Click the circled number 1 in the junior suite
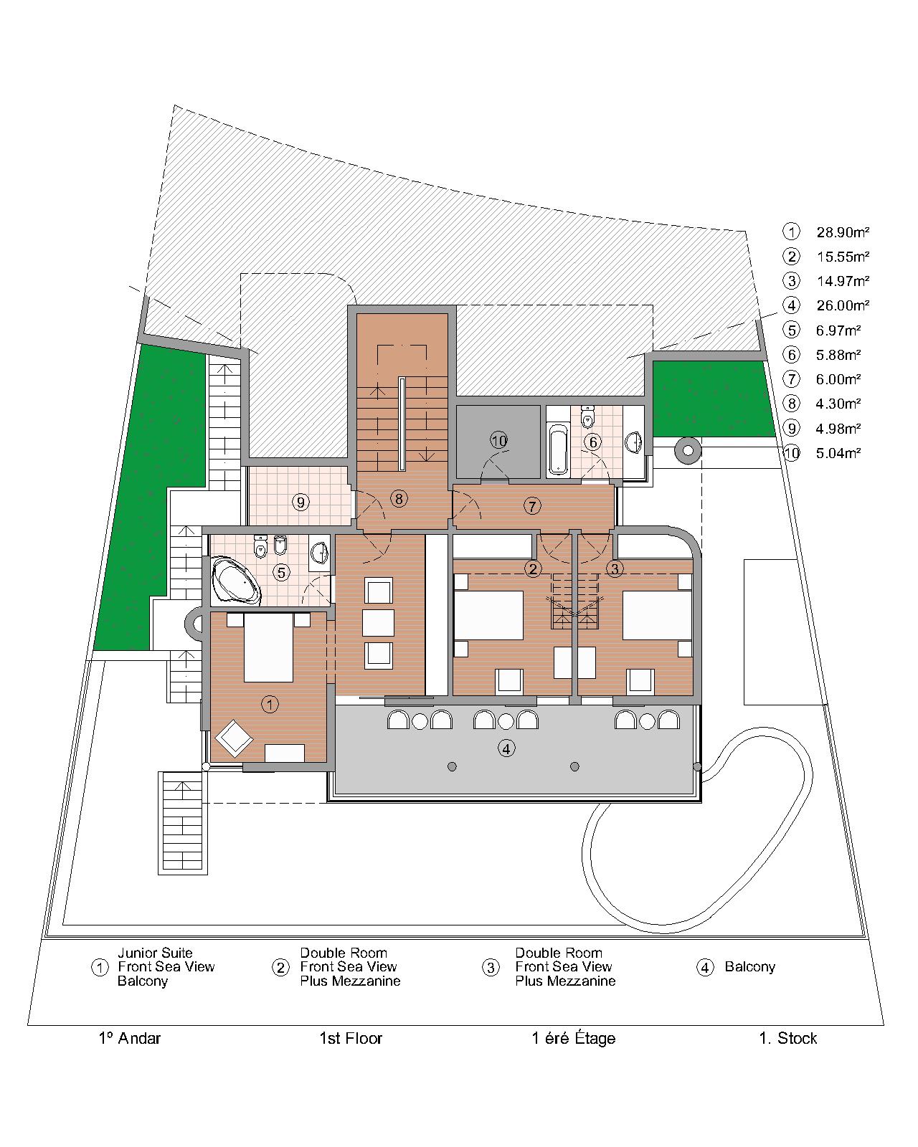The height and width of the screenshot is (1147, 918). pyautogui.click(x=270, y=705)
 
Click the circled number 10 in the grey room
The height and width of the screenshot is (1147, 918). pyautogui.click(x=498, y=441)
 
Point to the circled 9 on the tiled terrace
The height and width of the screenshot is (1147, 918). pyautogui.click(x=301, y=502)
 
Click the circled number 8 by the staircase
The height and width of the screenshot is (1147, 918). pyautogui.click(x=399, y=499)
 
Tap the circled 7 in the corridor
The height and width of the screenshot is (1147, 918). pyautogui.click(x=532, y=506)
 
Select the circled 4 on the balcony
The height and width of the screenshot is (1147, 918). pyautogui.click(x=506, y=749)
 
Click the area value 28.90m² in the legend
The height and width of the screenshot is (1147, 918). pyautogui.click(x=843, y=232)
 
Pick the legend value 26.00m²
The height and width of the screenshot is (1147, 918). pyautogui.click(x=843, y=306)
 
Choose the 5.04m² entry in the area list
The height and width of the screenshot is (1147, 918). pyautogui.click(x=838, y=454)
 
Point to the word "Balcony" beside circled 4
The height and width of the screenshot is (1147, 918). pyautogui.click(x=749, y=967)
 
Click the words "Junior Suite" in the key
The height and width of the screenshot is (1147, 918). pyautogui.click(x=155, y=953)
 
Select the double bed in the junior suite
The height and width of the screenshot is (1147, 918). pyautogui.click(x=268, y=647)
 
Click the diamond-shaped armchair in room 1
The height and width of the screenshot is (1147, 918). pyautogui.click(x=234, y=738)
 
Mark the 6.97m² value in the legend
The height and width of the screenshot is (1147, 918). pyautogui.click(x=838, y=330)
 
